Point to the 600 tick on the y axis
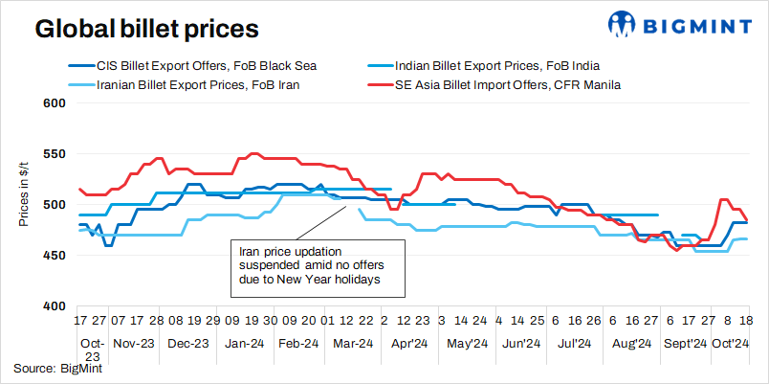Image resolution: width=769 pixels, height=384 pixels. coord(55,103)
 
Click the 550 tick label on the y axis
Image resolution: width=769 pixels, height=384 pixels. coord(55,154)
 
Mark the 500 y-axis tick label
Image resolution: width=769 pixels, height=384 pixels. coord(55,205)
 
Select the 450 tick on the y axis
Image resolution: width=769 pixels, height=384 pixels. coord(55,256)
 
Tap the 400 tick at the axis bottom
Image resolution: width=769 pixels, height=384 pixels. coord(55,306)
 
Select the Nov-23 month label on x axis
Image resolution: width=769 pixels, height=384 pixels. coord(133,343)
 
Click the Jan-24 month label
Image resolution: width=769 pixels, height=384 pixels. coord(243,343)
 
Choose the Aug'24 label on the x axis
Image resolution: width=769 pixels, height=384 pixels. coord(631,343)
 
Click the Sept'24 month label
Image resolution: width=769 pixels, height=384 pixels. coord(686,343)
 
